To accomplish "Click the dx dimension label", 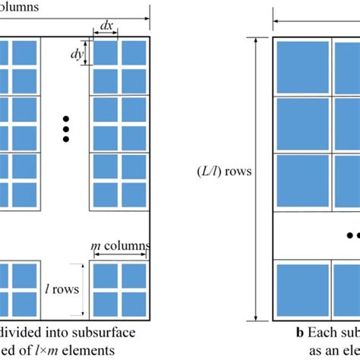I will [106, 25].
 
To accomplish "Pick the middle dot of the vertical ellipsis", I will [66, 129].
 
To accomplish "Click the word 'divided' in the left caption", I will [23, 333].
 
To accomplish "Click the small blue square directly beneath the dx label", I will [106, 52].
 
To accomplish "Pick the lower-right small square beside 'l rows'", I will [134, 302].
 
